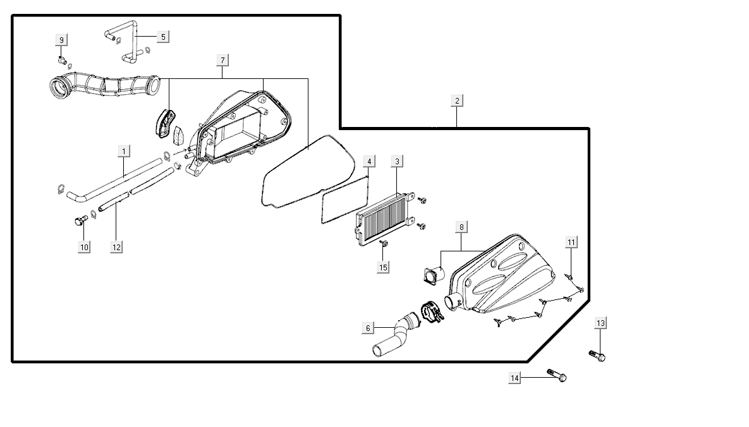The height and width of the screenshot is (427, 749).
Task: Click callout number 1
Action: coord(125,152)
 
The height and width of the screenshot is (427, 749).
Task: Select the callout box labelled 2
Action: coord(457,100)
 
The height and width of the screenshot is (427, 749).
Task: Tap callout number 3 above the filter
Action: coord(397,162)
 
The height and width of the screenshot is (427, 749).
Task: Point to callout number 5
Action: coord(162,37)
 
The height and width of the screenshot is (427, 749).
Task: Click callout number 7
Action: coord(222,60)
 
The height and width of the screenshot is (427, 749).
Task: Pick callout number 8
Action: coord(461,226)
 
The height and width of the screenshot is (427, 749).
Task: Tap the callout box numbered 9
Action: coord(61,40)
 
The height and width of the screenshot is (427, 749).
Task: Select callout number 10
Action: coord(84,247)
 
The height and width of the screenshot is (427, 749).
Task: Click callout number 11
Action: coord(571,242)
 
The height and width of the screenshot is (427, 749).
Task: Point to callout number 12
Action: coord(116,247)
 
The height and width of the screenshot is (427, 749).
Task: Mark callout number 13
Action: coord(600,323)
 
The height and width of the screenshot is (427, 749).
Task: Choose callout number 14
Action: coord(515,378)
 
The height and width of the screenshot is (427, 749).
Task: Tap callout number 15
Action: coord(383,267)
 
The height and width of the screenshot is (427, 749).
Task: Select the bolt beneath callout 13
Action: coord(597,356)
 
